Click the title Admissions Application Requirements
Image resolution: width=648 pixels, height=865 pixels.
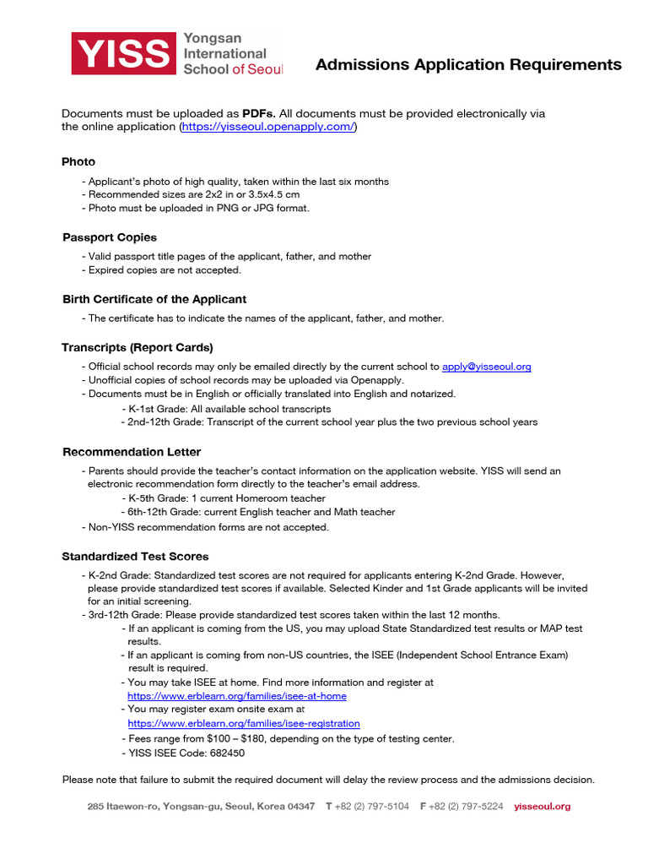click(468, 65)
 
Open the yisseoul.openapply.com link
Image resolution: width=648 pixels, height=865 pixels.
click(267, 127)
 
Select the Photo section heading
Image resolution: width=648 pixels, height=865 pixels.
click(78, 161)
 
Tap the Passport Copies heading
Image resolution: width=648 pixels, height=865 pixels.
click(110, 237)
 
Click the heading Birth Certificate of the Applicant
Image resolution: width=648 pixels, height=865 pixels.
click(154, 299)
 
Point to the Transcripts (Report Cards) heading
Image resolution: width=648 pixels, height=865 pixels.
click(138, 347)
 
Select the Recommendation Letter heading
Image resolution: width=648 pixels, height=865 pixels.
click(132, 452)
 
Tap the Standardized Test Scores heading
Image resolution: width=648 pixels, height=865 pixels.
click(135, 557)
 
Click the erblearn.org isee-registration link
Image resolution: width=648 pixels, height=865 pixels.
click(243, 724)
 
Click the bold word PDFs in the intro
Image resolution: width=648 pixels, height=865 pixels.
click(258, 113)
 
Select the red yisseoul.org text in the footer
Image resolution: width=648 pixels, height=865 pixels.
click(542, 807)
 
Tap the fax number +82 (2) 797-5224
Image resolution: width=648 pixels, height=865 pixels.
click(466, 807)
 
